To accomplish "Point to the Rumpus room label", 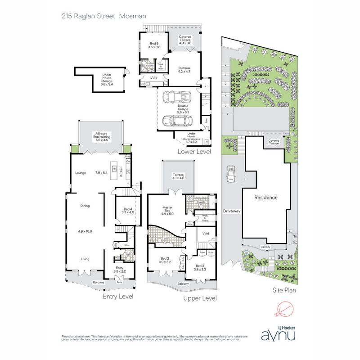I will [x=185, y=69].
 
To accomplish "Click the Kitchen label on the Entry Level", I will [x=133, y=171].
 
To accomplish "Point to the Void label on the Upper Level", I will [x=206, y=234].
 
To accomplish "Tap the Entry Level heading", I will [x=118, y=297].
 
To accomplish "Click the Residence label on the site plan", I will [x=265, y=197].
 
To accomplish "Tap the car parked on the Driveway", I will [x=231, y=174].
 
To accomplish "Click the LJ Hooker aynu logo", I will [x=279, y=333].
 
